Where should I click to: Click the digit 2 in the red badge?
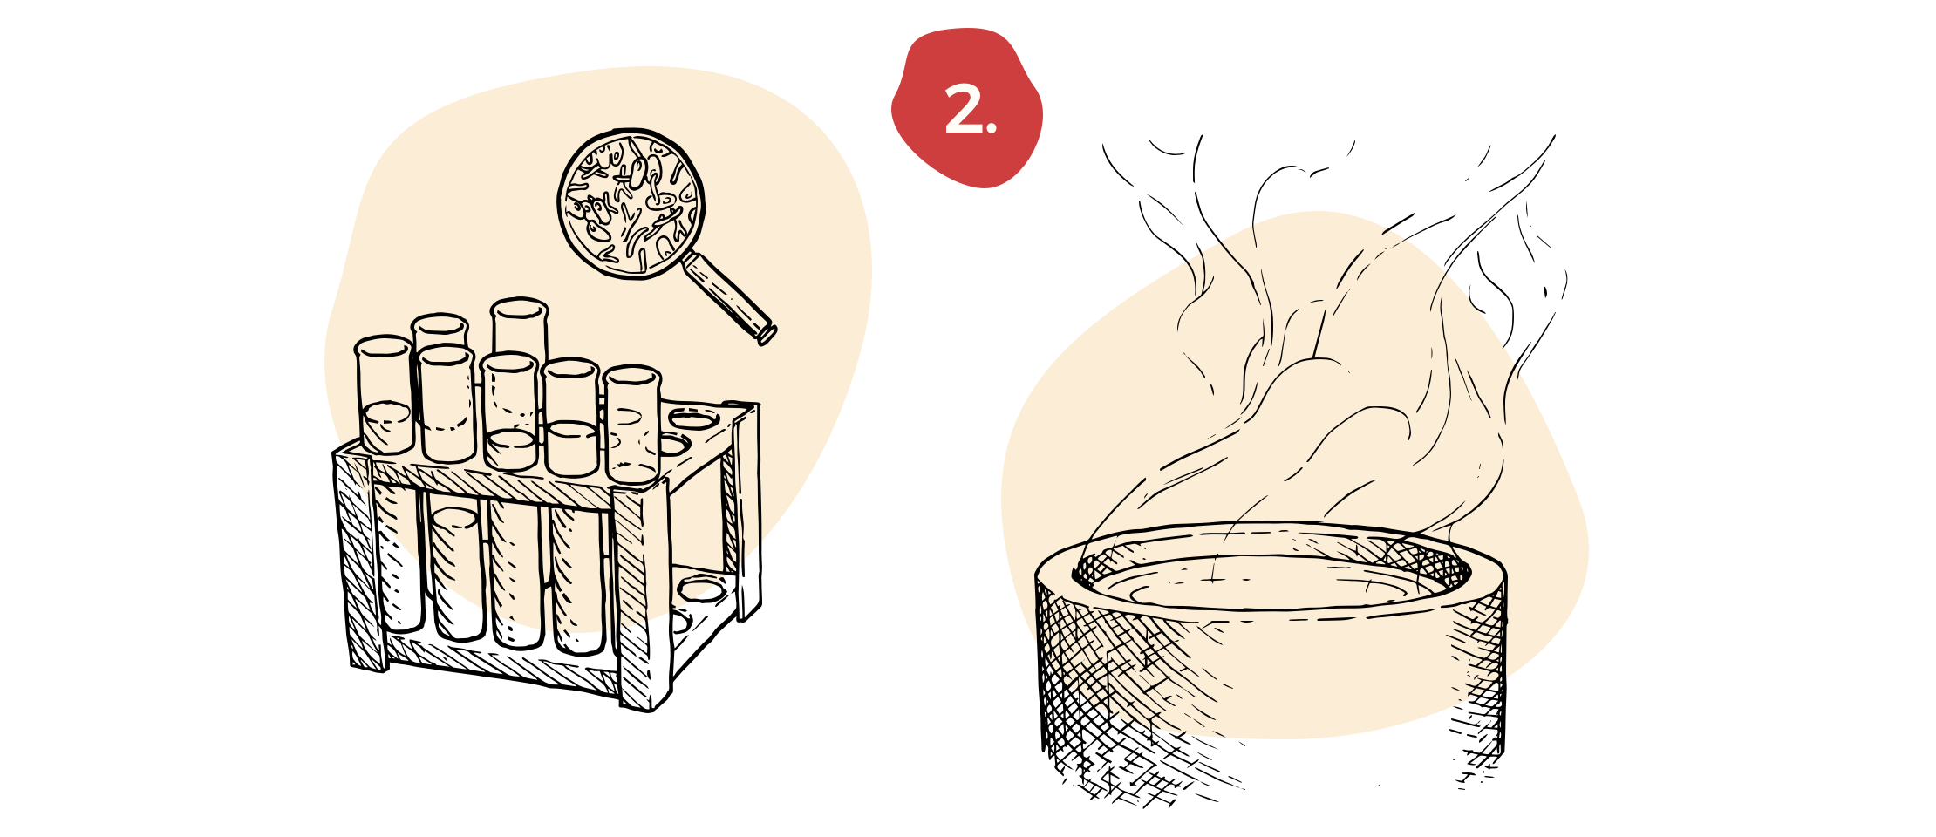(963, 112)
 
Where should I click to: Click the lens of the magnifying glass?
(631, 203)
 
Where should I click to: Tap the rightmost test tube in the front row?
(632, 423)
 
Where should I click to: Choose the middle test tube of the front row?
(510, 410)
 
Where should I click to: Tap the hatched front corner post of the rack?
(630, 558)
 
